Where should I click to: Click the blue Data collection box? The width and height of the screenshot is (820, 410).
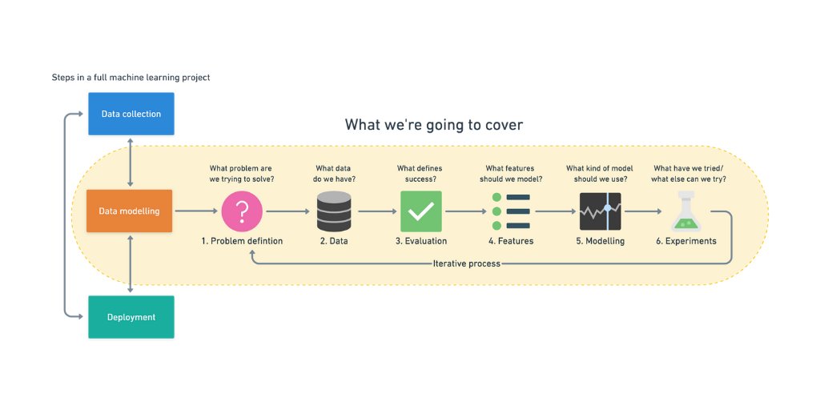pos(131,114)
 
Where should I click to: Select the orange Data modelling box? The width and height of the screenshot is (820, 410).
pos(130,211)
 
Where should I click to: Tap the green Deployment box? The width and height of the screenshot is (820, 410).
pos(131,317)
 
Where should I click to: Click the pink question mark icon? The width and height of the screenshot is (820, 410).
pos(242,211)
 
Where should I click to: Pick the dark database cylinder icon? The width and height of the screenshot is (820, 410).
pos(334,211)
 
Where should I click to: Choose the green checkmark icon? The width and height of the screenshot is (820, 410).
pos(420,211)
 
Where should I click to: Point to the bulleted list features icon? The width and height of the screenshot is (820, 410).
pos(510,211)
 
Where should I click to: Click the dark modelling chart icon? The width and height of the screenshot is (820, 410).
pos(601,211)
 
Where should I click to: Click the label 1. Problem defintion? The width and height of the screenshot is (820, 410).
pos(242,241)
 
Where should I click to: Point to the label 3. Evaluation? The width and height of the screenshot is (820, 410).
pos(421,241)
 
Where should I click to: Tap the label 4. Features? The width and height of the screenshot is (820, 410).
pos(511,241)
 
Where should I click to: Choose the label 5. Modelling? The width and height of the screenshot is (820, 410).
pos(601,241)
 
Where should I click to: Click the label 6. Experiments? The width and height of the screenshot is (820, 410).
pos(685,241)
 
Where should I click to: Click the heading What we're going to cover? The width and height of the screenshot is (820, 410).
pos(434,125)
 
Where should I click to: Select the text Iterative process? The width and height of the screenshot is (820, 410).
pos(466,263)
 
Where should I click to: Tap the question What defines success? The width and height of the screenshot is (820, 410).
pos(420,174)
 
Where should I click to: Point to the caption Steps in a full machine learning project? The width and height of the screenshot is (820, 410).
pos(131,78)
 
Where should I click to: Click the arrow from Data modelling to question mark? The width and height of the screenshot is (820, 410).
pos(196,211)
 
